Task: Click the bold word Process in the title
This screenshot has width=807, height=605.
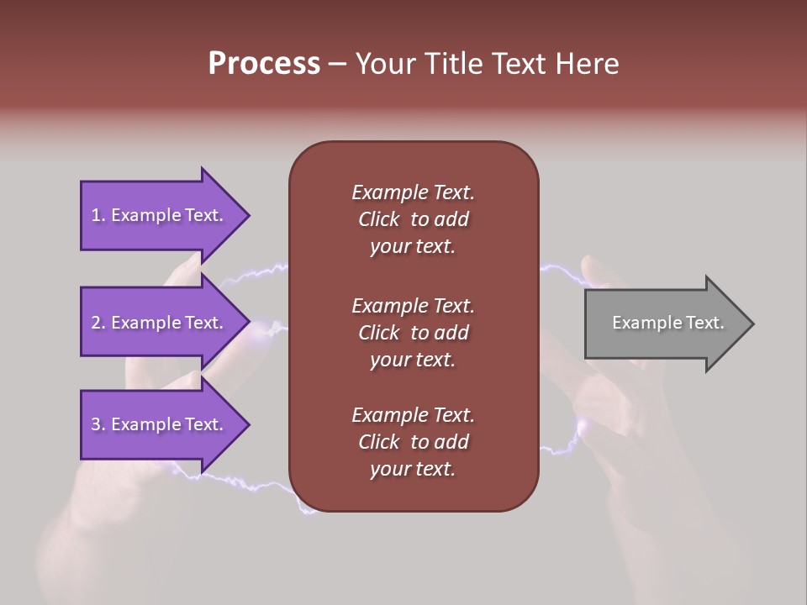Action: [264, 64]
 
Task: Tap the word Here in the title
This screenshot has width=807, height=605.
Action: [587, 64]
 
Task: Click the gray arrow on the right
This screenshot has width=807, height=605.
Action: [664, 324]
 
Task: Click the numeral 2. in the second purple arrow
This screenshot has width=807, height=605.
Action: [98, 323]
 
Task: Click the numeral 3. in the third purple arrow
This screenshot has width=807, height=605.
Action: [98, 424]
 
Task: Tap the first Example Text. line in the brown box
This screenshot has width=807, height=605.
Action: [413, 192]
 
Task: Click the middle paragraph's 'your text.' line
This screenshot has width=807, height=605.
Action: [413, 360]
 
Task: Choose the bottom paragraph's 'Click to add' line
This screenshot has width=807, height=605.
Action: [413, 442]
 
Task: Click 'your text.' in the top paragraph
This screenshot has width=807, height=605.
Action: [413, 246]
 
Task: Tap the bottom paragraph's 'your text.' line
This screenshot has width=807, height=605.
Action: [413, 469]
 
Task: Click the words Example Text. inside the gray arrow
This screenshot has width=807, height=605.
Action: [667, 323]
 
